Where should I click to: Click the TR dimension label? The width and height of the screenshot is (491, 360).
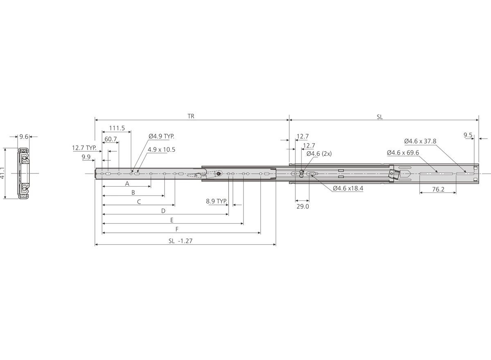coord(191,116)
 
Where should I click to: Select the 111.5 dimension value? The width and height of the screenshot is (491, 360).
coord(117,128)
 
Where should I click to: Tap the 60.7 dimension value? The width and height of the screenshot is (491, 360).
coord(110,139)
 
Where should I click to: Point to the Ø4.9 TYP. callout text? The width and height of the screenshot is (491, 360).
coord(161,136)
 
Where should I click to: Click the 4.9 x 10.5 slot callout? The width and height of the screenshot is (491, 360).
coord(161,150)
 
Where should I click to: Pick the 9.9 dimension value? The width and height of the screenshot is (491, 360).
coord(86,157)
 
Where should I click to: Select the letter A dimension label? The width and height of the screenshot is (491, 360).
coord(127,184)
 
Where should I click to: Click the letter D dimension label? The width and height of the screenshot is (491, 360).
coord(163,211)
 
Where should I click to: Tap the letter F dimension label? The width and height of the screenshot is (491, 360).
coord(177,229)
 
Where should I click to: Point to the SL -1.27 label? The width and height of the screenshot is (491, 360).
coord(180,241)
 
